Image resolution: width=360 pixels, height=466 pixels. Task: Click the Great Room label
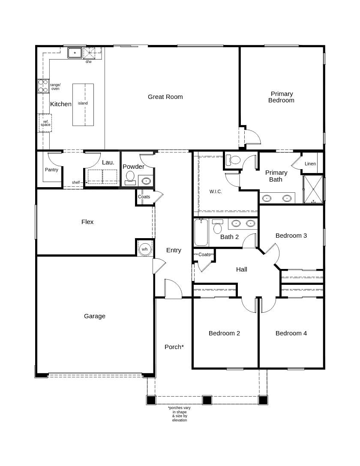pos(165,97)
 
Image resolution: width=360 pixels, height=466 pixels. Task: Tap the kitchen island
pos(83,105)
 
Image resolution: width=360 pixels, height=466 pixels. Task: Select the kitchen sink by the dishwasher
pos(75,53)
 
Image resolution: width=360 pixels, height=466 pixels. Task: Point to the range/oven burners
pos(43,86)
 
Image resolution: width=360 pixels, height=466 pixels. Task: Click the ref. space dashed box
pos(45,123)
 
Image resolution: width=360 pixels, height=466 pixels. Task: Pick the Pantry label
pos(51,170)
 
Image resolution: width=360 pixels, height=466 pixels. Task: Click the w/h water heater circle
pos(145,249)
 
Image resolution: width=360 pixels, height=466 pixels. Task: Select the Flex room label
pos(87,222)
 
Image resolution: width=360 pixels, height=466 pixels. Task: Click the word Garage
pos(95,316)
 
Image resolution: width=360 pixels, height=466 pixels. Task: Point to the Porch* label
pos(174,347)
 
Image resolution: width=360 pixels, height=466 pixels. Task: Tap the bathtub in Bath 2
pos(201,232)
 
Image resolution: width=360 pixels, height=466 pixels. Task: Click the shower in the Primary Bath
pos(313,189)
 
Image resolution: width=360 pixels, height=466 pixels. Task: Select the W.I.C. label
pos(216,192)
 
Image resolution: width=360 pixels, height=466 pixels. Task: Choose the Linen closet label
pos(310,164)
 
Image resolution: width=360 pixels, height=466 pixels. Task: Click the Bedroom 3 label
pos(291,236)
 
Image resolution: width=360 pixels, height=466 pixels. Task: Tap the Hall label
pos(241,269)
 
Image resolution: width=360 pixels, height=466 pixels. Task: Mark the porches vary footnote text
pos(179,414)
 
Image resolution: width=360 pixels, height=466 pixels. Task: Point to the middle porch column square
pos(207,400)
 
